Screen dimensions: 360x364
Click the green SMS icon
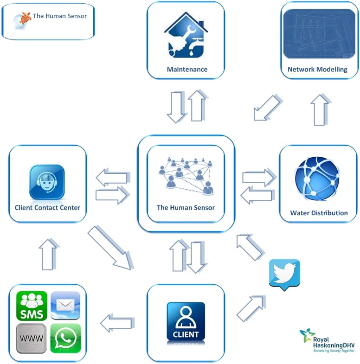point(32,306)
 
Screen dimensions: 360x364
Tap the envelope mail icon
point(65,305)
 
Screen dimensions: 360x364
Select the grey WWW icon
point(32,338)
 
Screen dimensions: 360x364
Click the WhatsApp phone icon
point(66,338)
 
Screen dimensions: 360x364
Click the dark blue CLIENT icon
point(186,321)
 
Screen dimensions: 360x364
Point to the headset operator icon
point(47,182)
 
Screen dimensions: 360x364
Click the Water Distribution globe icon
point(317,179)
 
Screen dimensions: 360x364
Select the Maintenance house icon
point(186,35)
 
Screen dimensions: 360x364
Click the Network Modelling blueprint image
point(319,34)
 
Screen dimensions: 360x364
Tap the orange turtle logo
point(26,18)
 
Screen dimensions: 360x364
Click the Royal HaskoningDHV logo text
point(334,342)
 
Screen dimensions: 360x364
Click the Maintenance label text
point(187,69)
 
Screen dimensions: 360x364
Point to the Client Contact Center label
point(47,208)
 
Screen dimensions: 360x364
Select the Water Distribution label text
point(319,213)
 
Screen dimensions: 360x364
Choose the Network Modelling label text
point(317,69)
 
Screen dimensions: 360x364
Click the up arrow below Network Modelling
point(321,110)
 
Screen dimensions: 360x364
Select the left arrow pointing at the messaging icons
point(117,323)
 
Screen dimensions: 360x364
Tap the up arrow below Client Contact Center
point(49,255)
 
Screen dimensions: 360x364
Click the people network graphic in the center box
point(186,176)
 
